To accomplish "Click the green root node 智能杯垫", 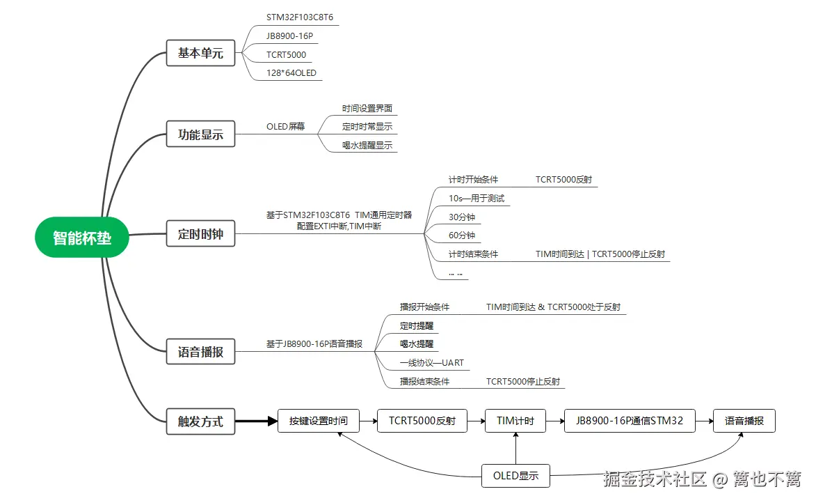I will pyautogui.click(x=82, y=238).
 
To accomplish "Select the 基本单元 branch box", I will pyautogui.click(x=200, y=53).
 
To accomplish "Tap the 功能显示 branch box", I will pyautogui.click(x=200, y=134).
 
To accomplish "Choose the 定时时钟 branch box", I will pyautogui.click(x=200, y=234).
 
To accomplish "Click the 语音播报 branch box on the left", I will pyautogui.click(x=200, y=352).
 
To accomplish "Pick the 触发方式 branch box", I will pyautogui.click(x=200, y=421).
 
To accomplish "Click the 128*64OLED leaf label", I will pyautogui.click(x=291, y=73).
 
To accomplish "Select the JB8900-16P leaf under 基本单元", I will pyautogui.click(x=289, y=36).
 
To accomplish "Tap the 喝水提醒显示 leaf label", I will pyautogui.click(x=367, y=146).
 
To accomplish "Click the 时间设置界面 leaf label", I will pyautogui.click(x=367, y=109).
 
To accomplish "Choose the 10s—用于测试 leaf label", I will pyautogui.click(x=476, y=199).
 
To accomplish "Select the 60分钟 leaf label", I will pyautogui.click(x=461, y=235).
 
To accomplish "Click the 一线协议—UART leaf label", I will pyautogui.click(x=431, y=363).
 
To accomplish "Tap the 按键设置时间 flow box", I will pyautogui.click(x=318, y=421).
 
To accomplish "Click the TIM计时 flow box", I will pyautogui.click(x=515, y=421).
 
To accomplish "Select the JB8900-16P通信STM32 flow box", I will pyautogui.click(x=630, y=421).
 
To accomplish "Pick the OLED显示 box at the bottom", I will pyautogui.click(x=515, y=476).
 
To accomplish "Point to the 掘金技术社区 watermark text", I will pyautogui.click(x=655, y=479).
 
